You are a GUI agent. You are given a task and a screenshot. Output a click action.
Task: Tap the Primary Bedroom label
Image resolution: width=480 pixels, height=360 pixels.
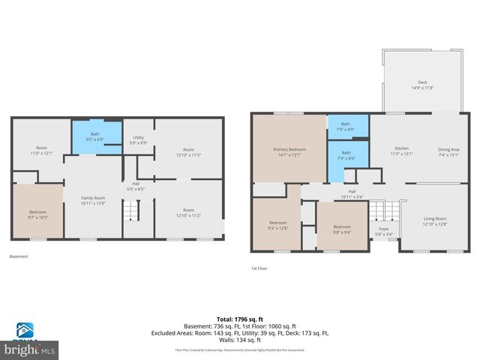(289, 152)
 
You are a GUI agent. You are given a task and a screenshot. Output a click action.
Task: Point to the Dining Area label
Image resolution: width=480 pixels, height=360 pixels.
(448, 152)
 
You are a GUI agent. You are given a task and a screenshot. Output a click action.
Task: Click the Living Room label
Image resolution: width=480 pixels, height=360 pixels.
(434, 221)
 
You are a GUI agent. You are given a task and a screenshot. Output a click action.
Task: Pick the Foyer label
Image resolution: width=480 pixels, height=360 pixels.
(383, 231)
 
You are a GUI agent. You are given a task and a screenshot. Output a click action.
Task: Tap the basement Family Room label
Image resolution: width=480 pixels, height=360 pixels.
(93, 200)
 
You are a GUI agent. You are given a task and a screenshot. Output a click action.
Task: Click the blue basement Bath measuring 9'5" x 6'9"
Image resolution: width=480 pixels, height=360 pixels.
(95, 136)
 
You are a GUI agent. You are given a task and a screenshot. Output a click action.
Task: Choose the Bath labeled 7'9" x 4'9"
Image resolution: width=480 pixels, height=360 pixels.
(345, 127)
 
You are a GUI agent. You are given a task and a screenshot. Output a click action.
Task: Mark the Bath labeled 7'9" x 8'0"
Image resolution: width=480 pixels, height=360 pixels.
(345, 155)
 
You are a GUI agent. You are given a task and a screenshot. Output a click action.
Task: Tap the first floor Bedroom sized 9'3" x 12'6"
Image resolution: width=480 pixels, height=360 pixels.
(277, 226)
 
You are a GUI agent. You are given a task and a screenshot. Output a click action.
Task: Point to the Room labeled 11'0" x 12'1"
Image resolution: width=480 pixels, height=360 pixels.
(42, 151)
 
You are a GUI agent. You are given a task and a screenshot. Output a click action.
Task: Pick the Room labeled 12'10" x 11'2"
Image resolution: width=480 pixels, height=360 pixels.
(188, 212)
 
